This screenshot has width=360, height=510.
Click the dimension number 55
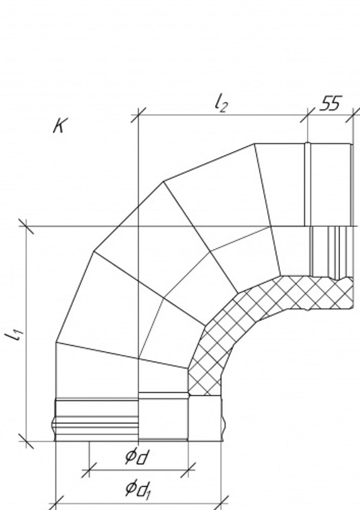point(330,104)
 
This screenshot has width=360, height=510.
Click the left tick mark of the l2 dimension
point(139,115)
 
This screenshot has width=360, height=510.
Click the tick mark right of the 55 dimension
point(354,115)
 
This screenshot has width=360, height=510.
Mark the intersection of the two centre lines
point(139,226)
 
